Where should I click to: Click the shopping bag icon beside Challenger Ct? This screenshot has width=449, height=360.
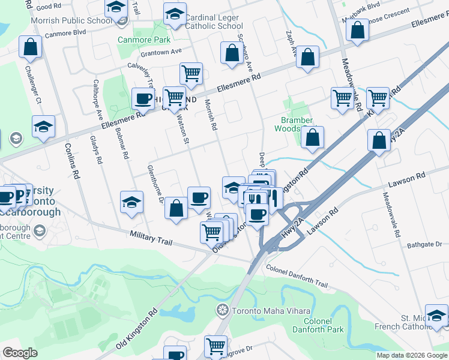coord(29,47)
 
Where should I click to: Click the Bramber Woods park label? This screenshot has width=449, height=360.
coord(294,124)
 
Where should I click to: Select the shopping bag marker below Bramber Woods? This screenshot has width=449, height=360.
coord(313,137)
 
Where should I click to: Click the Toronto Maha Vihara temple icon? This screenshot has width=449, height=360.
coord(222,310)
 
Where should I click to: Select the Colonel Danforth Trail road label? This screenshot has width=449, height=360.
coord(297,275)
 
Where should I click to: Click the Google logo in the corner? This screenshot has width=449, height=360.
coord(20,353)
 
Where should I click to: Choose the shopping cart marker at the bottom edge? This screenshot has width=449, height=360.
coord(215,346)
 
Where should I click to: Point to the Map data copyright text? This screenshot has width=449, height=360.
coord(412,355)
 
